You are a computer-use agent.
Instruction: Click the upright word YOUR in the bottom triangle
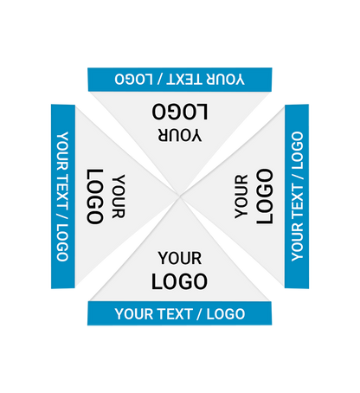tap(180, 258)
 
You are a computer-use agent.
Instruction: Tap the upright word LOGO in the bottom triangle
tap(179, 281)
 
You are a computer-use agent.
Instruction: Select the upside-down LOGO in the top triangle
tap(180, 112)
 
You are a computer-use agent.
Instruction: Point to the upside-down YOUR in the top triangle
tap(180, 135)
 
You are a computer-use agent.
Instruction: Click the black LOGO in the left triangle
tap(95, 196)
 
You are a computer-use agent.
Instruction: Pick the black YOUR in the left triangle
tap(119, 196)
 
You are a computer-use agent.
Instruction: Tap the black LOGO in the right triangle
tap(265, 196)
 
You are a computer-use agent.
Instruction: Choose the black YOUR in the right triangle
tap(241, 196)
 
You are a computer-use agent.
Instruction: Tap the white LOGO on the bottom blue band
tap(226, 314)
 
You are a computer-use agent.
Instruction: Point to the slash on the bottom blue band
tap(199, 314)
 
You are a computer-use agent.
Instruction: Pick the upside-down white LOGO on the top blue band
tap(133, 79)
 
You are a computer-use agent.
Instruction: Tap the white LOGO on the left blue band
tap(62, 243)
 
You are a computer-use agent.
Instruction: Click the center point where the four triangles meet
tap(180, 196)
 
